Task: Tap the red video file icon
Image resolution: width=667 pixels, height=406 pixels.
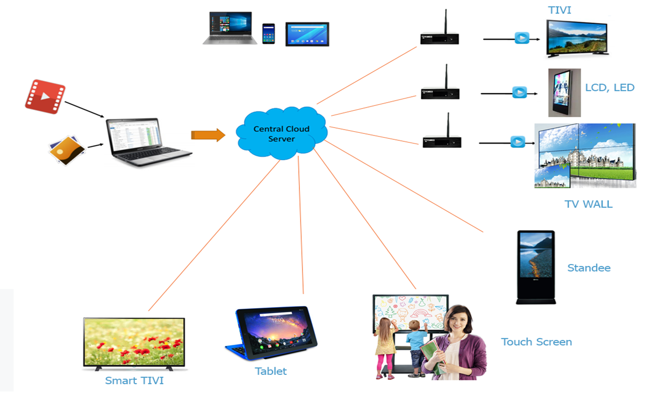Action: pyautogui.click(x=45, y=97)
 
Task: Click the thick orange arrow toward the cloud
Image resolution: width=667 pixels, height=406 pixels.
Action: pyautogui.click(x=208, y=135)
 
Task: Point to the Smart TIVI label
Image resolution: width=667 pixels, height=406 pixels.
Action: pyautogui.click(x=134, y=381)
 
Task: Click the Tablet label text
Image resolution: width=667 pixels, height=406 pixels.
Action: pyautogui.click(x=271, y=371)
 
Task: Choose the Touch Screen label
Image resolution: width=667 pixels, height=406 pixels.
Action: pyautogui.click(x=536, y=342)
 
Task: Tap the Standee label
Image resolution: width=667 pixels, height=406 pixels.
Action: pyautogui.click(x=589, y=268)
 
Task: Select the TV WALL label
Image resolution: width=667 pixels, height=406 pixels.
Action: pyautogui.click(x=588, y=204)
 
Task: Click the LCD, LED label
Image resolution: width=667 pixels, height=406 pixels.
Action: pyautogui.click(x=609, y=87)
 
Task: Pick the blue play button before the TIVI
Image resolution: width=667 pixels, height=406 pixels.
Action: pyautogui.click(x=521, y=38)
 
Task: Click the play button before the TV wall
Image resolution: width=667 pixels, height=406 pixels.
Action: pyautogui.click(x=517, y=142)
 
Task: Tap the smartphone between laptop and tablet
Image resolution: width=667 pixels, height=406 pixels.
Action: pyautogui.click(x=268, y=33)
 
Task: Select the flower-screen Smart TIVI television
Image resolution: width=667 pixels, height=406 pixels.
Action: pyautogui.click(x=134, y=344)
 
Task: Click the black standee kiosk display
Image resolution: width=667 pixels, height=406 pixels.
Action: pyautogui.click(x=535, y=266)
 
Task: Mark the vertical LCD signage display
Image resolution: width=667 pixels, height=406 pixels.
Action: pyautogui.click(x=564, y=92)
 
